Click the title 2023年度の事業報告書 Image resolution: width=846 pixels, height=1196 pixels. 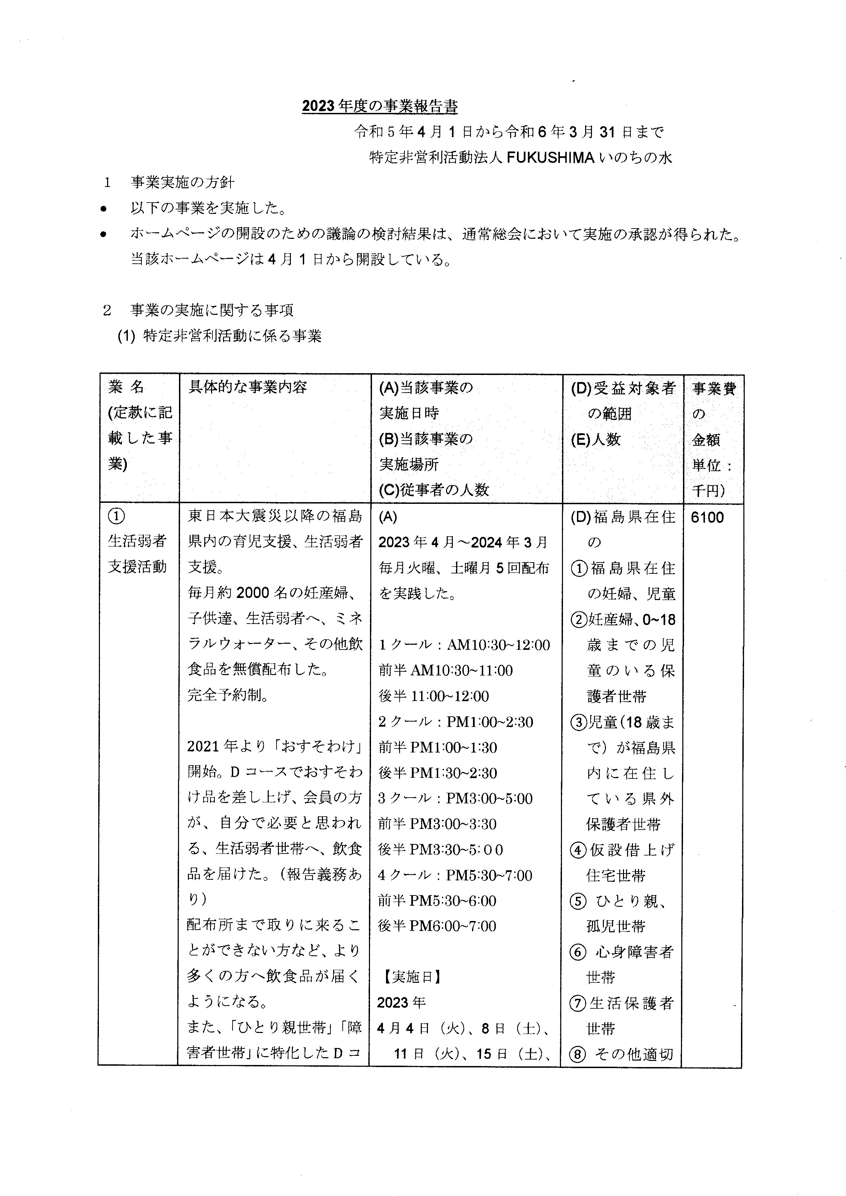[x=380, y=106]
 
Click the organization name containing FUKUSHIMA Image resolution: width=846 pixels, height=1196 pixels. [x=520, y=157]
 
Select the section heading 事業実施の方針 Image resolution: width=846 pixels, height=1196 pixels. [x=182, y=183]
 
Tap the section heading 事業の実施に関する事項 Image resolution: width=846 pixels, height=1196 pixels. [x=211, y=310]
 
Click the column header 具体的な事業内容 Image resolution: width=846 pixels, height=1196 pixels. [x=248, y=387]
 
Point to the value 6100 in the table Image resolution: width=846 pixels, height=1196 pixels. [x=708, y=517]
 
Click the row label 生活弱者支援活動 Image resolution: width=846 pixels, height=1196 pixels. [x=137, y=554]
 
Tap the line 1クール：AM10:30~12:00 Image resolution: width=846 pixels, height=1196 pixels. [x=464, y=645]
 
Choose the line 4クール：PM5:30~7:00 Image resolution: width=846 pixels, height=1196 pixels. [x=455, y=875]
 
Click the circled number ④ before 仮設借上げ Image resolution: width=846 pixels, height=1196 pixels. [x=578, y=850]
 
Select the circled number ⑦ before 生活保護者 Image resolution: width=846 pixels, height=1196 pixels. [x=578, y=1003]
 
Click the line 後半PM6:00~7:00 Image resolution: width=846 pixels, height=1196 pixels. [x=437, y=926]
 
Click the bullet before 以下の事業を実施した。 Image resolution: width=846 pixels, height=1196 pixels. [x=104, y=209]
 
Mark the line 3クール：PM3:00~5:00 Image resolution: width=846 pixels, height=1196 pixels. [x=455, y=798]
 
